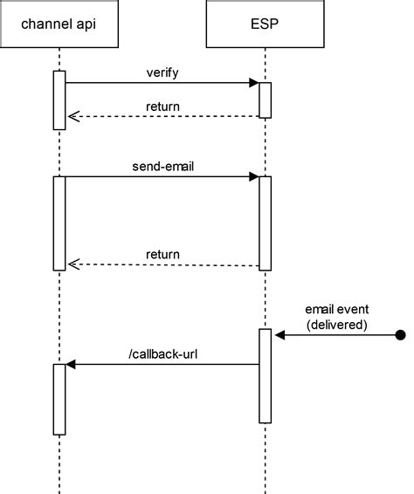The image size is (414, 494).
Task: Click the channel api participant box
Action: (59, 24)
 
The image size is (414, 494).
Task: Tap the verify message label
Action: (162, 72)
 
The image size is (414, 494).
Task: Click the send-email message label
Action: (162, 166)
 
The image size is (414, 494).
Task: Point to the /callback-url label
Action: (162, 353)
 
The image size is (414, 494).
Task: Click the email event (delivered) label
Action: (336, 317)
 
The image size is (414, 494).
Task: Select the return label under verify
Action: (162, 106)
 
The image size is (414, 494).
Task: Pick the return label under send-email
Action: (162, 255)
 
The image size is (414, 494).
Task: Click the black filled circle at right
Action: (400, 334)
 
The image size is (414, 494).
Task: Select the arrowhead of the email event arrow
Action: (278, 334)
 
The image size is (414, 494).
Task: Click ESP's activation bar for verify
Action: (265, 99)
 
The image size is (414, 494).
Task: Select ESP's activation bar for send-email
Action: (265, 223)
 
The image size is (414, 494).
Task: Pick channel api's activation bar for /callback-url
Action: (59, 399)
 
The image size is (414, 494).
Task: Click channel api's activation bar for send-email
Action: (59, 223)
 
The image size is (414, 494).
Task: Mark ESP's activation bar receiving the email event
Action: (265, 375)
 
